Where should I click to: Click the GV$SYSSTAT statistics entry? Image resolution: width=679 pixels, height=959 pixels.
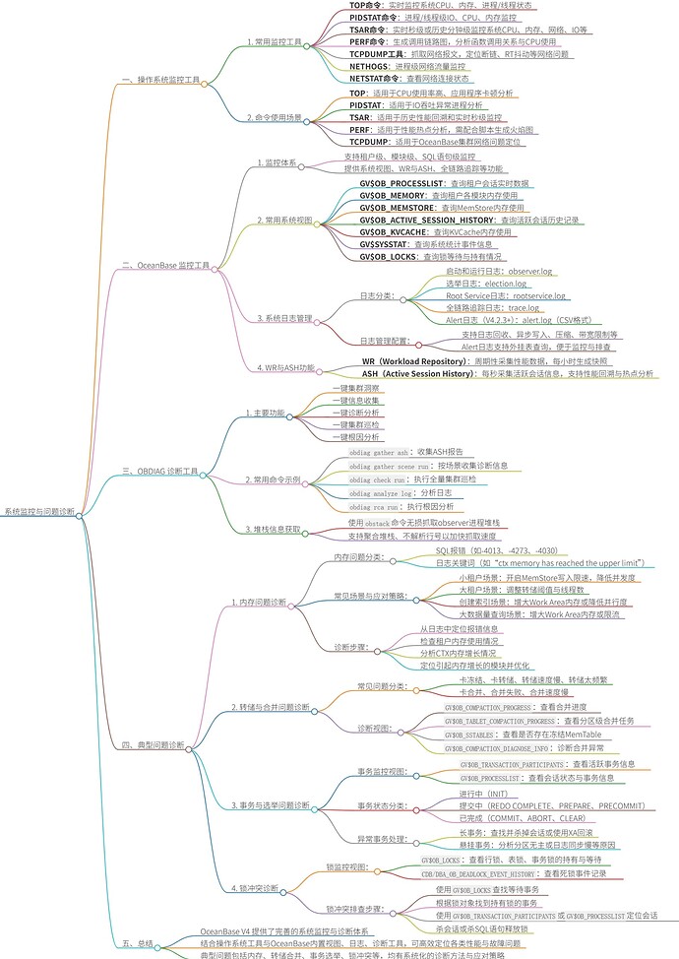tap(438, 243)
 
